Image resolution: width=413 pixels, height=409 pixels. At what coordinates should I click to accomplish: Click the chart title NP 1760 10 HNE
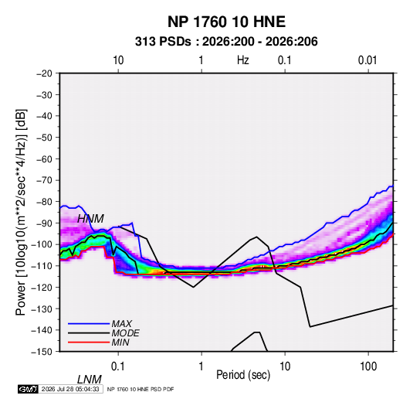[226, 22]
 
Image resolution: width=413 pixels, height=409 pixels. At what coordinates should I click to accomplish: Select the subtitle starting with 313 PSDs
[226, 42]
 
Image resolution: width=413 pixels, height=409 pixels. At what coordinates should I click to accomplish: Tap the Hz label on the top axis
[242, 60]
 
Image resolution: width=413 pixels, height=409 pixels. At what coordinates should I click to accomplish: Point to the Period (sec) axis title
[243, 374]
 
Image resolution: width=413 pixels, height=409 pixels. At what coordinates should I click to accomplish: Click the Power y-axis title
[21, 212]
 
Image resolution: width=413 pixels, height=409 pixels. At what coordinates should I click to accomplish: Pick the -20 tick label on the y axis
[44, 73]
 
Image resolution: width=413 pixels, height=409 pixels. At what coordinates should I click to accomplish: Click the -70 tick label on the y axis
[44, 180]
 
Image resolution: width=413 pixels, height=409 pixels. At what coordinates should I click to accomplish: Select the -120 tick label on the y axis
[42, 287]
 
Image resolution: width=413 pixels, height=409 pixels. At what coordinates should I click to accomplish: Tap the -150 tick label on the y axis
[42, 352]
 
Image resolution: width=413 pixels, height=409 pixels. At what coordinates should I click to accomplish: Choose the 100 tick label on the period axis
[367, 366]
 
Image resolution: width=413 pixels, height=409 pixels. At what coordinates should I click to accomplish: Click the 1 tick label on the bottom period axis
[201, 366]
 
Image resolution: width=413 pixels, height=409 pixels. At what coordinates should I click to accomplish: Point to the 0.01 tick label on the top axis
[367, 60]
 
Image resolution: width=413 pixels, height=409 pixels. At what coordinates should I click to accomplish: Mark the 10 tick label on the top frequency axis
[118, 60]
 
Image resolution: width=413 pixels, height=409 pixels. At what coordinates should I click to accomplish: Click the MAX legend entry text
[121, 323]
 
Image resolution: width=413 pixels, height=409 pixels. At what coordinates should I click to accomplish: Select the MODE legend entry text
[125, 333]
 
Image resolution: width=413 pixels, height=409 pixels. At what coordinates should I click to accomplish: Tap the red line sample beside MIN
[89, 343]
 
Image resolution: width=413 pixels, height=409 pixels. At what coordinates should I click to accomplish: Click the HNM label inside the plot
[90, 219]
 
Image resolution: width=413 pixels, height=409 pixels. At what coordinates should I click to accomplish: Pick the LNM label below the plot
[90, 380]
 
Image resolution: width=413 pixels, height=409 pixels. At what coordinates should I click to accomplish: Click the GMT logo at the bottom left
[29, 389]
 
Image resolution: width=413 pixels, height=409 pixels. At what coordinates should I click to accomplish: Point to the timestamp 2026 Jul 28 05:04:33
[70, 389]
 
